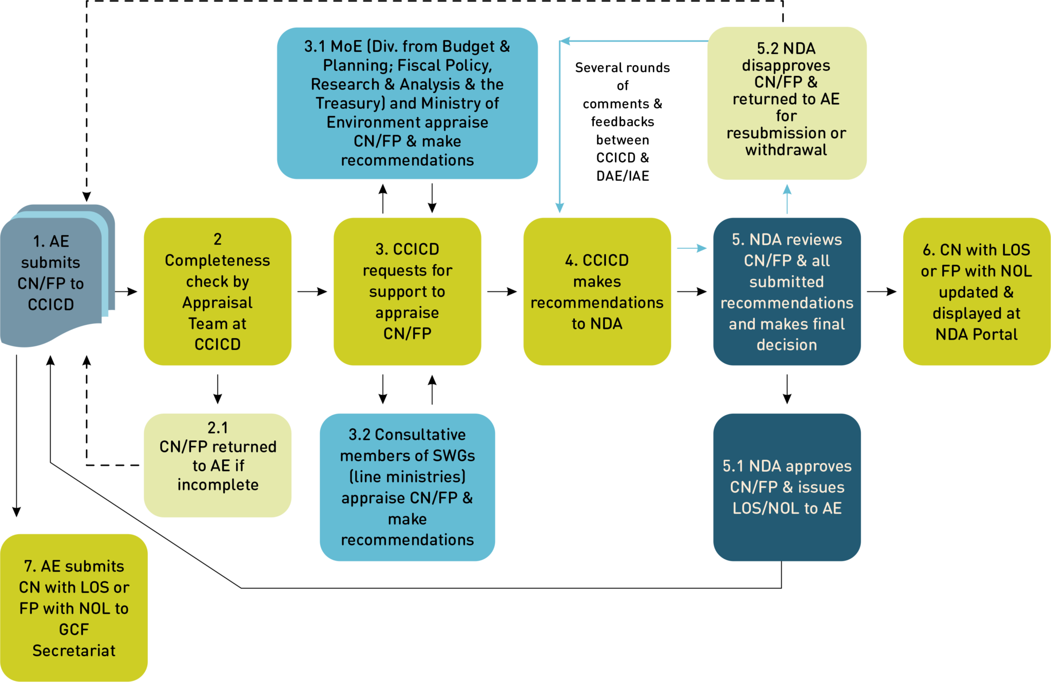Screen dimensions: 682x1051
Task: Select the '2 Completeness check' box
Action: [x=218, y=291]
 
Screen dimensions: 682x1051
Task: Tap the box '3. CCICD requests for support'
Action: [x=407, y=291]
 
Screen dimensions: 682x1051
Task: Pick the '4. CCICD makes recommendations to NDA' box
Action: [x=597, y=291]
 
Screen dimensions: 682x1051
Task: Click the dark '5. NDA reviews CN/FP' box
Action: [x=787, y=291]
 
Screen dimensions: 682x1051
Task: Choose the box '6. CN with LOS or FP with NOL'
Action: [x=977, y=291]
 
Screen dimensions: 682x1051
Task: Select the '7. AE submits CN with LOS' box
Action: [x=74, y=608]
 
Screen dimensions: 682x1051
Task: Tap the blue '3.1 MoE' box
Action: [x=407, y=103]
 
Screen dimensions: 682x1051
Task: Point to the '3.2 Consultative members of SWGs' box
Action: [x=407, y=487]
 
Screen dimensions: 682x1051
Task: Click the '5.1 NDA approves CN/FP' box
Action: [x=787, y=487]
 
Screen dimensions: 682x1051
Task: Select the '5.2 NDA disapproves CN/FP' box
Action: [x=787, y=103]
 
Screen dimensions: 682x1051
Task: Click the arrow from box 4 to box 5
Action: [x=692, y=248]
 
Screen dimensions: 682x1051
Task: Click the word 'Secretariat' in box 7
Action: [x=74, y=651]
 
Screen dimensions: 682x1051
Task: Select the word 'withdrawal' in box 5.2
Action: [x=786, y=150]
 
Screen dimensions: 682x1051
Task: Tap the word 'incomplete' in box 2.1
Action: [x=218, y=484]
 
